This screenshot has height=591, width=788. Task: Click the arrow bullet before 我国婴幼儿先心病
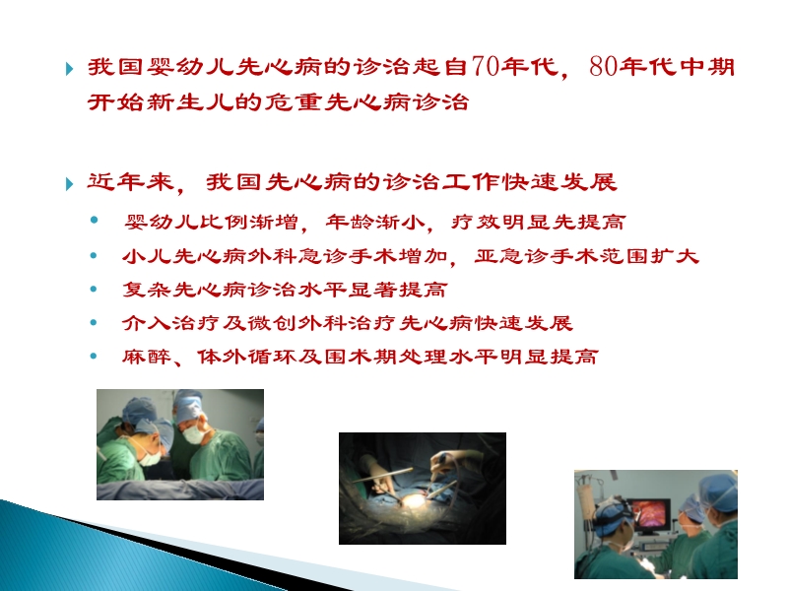pos(68,70)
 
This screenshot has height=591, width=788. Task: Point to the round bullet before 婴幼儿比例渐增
pos(94,222)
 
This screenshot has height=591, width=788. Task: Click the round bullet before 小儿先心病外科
pos(94,256)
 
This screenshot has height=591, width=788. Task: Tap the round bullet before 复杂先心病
pos(94,290)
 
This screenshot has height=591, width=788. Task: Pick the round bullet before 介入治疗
pos(94,323)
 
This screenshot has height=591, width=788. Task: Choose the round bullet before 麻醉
pos(94,357)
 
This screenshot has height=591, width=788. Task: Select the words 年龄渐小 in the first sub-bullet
pos(366,223)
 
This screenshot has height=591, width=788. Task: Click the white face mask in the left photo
pos(195,434)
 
